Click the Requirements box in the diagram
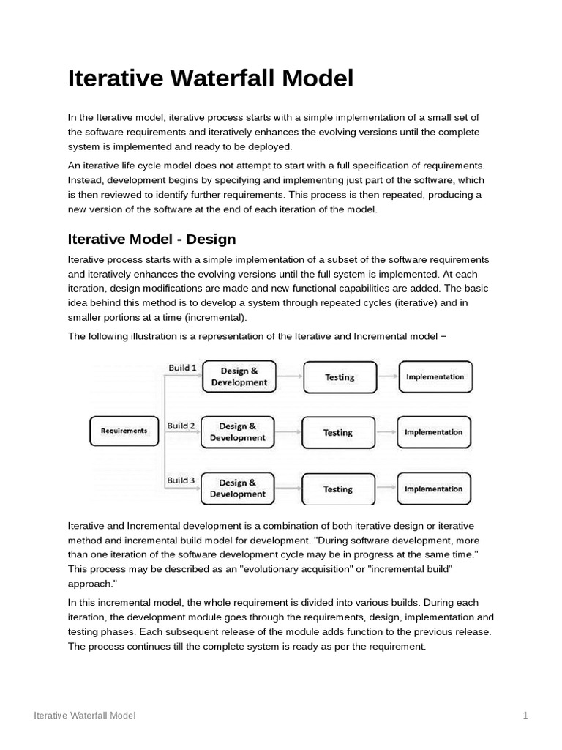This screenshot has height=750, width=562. tap(124, 431)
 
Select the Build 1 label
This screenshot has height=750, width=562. tap(181, 368)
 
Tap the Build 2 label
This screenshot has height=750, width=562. tap(181, 425)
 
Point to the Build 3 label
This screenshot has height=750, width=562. tap(181, 480)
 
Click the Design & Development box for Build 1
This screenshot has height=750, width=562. tap(239, 376)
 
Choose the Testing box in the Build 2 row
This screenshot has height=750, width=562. tap(338, 433)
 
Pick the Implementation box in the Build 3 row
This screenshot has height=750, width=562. tap(434, 489)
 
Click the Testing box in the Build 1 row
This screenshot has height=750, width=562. tap(339, 377)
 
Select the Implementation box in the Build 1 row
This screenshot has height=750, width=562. tap(435, 376)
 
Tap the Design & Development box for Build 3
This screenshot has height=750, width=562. tap(237, 489)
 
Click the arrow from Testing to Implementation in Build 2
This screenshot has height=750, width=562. tap(386, 433)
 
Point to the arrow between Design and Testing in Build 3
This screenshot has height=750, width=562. tap(288, 489)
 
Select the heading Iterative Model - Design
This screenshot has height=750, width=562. tap(151, 239)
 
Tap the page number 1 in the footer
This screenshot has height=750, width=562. tap(525, 716)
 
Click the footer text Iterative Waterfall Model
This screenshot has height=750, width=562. tap(85, 716)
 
